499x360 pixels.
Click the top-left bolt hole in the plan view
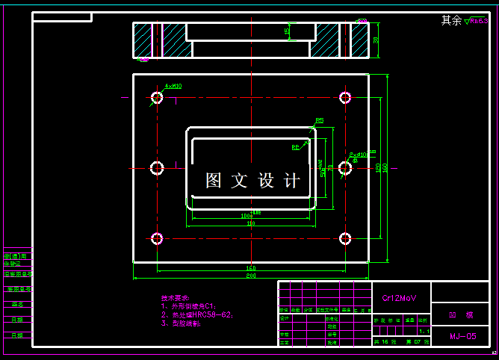click(x=157, y=97)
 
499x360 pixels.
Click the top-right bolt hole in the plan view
click(x=345, y=97)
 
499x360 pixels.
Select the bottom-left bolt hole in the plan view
click(x=157, y=238)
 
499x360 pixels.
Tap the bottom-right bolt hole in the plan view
click(x=345, y=238)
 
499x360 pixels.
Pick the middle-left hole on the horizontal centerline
click(x=157, y=168)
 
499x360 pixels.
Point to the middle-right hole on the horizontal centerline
click(x=345, y=168)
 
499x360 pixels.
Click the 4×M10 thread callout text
click(x=173, y=86)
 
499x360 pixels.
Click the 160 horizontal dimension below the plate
click(x=250, y=268)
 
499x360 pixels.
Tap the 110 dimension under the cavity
click(x=250, y=223)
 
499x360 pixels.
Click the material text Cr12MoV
click(x=400, y=297)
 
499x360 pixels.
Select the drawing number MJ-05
click(x=462, y=336)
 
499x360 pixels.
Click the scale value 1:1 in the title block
click(x=424, y=330)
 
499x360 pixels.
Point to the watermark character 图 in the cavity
click(x=214, y=180)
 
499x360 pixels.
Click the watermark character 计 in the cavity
click(x=293, y=180)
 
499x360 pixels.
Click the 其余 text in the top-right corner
click(x=451, y=21)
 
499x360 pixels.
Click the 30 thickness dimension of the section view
click(x=376, y=40)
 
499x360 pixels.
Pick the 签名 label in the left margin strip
click(x=16, y=304)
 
